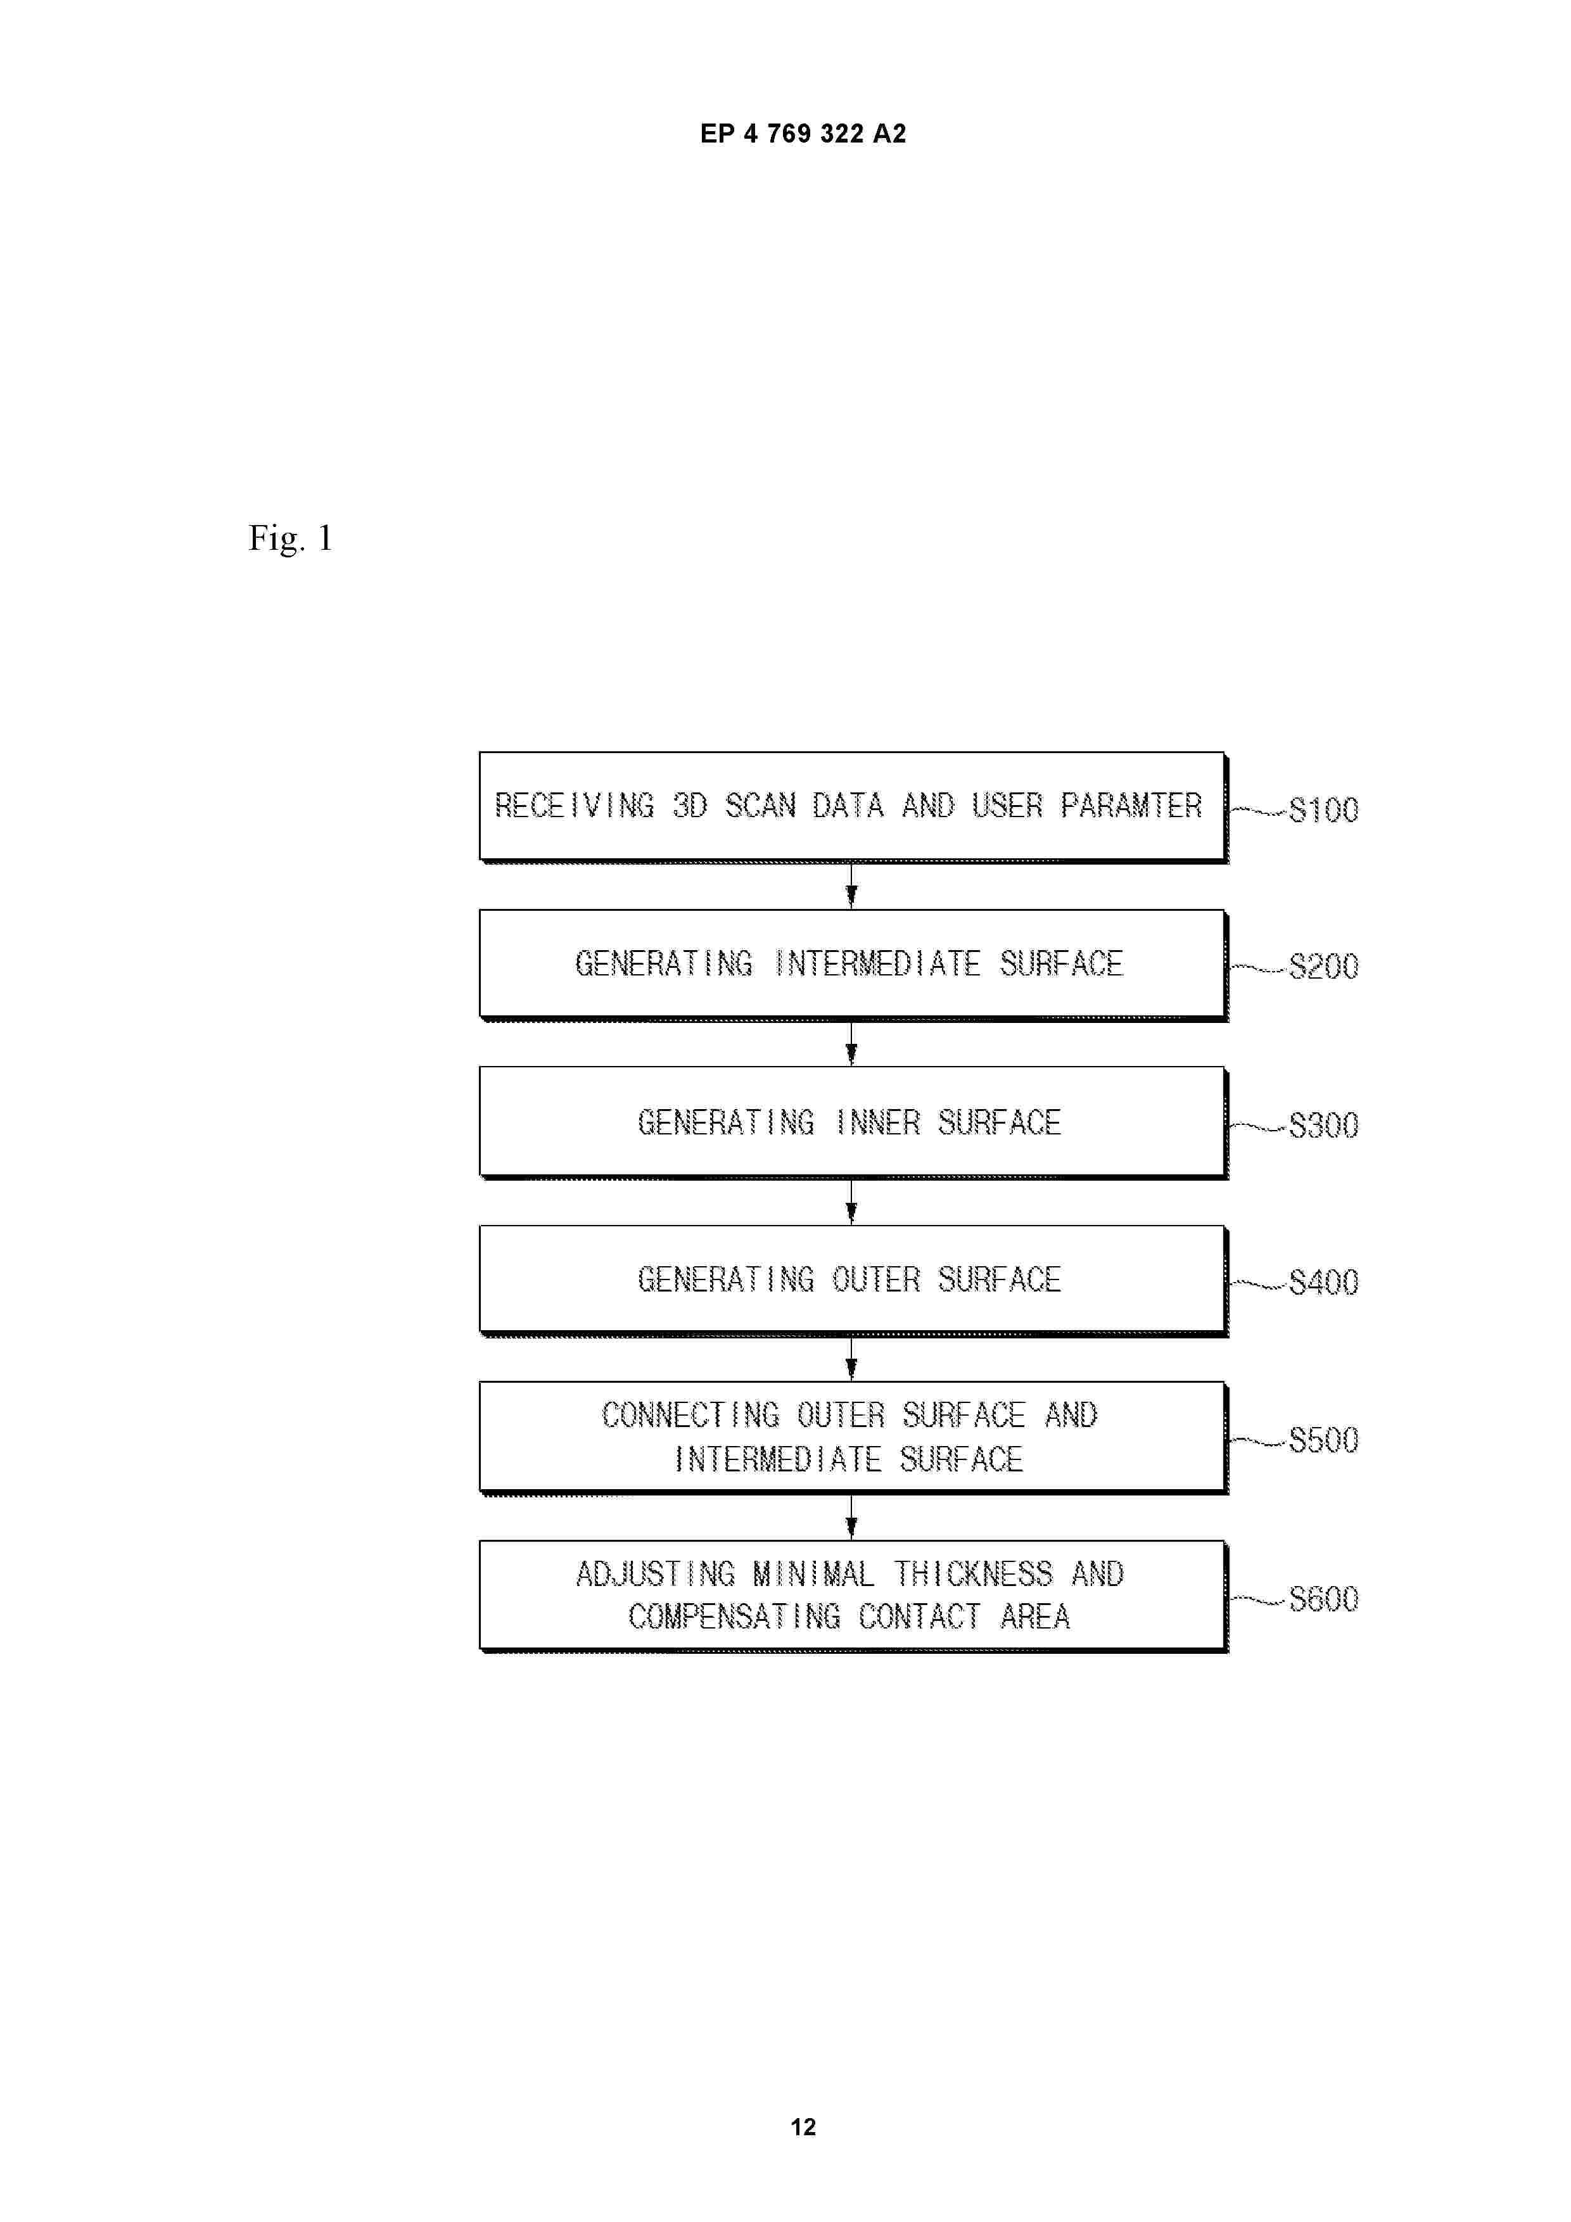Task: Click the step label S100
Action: click(1323, 809)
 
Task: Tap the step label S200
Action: click(1323, 966)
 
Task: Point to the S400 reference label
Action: click(1323, 1282)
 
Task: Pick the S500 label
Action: click(1323, 1440)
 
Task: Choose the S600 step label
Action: click(1323, 1599)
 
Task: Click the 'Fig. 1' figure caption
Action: click(290, 538)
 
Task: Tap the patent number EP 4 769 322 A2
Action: click(803, 134)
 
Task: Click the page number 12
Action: click(803, 2127)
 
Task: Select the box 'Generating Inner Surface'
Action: click(853, 1122)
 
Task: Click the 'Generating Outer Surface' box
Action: click(853, 1280)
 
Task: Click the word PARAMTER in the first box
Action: click(1131, 805)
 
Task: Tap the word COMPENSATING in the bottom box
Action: click(735, 1616)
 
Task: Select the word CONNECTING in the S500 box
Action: click(690, 1415)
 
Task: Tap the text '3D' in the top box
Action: click(690, 805)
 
